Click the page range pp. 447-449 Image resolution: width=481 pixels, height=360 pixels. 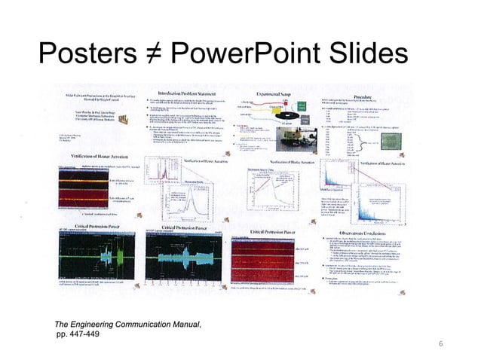point(77,334)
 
